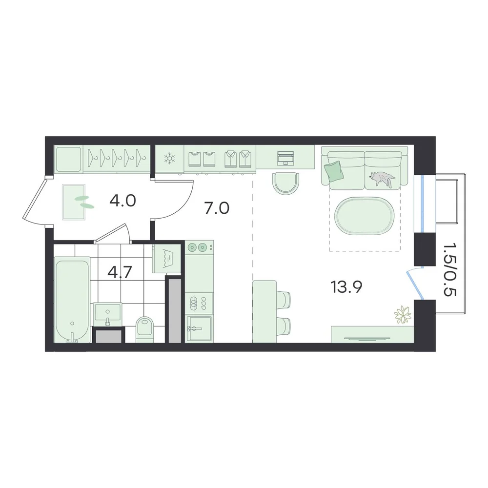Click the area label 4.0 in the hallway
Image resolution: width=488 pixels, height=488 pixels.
122,201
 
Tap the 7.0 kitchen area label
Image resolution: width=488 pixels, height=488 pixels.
217,208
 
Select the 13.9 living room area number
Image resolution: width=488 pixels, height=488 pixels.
346,287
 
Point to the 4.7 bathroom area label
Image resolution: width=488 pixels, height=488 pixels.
120,272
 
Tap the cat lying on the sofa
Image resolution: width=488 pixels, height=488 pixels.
382,179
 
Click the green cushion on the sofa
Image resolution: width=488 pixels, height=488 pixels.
333,171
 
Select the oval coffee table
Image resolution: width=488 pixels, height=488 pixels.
365,215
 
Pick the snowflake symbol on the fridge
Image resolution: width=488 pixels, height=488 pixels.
170,159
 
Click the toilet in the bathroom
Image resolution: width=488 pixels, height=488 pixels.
145,329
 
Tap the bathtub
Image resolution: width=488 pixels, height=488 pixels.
72,300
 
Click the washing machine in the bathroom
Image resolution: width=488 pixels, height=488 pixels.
166,258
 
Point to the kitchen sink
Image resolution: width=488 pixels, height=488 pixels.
199,329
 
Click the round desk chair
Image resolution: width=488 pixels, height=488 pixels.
286,183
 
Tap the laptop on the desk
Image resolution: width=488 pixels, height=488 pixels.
285,158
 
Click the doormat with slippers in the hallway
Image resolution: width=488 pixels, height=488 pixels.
74,203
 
